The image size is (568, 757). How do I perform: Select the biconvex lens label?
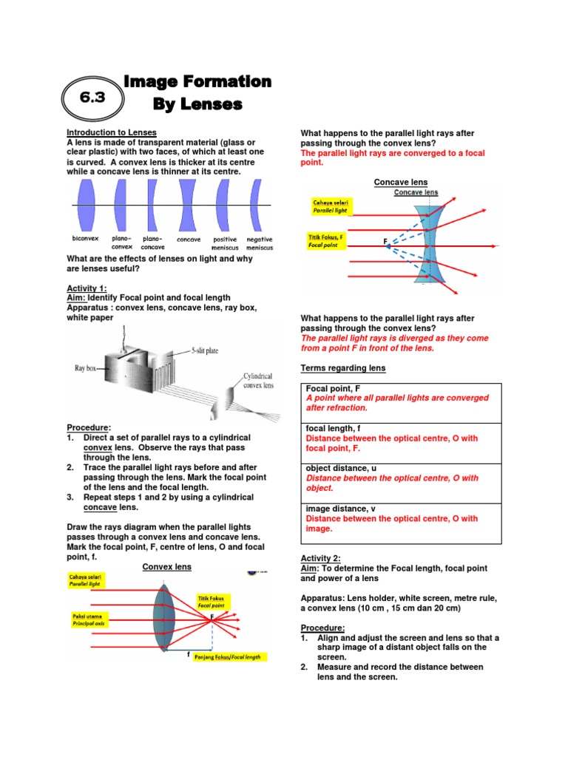(84, 240)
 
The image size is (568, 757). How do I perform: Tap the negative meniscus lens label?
(259, 243)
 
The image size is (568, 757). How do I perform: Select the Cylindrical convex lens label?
(258, 381)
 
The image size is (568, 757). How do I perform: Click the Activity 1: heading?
(87, 288)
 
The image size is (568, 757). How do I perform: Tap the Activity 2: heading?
(320, 558)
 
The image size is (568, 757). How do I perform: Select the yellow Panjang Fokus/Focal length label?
(230, 656)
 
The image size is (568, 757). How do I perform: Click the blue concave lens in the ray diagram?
(428, 237)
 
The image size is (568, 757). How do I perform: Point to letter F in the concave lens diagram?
(385, 242)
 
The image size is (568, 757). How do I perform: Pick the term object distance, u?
(341, 469)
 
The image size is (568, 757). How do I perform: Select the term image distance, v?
(339, 509)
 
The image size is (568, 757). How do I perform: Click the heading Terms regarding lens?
(342, 368)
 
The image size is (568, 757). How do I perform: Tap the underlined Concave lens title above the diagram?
(401, 182)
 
